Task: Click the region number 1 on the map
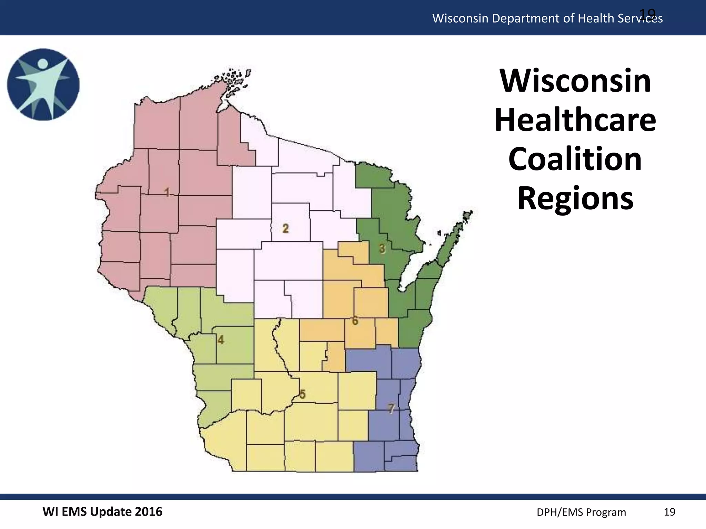167,192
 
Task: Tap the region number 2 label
285,228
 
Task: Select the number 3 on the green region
382,248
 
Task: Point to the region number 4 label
221,340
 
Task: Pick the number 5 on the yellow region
302,394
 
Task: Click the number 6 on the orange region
355,321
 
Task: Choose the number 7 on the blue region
391,408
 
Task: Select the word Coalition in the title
575,159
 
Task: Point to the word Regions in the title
575,198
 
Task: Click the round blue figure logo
43,85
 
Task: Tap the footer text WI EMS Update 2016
102,512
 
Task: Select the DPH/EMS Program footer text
581,512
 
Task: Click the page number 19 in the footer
669,512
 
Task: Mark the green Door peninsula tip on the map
467,216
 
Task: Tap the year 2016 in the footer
148,512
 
